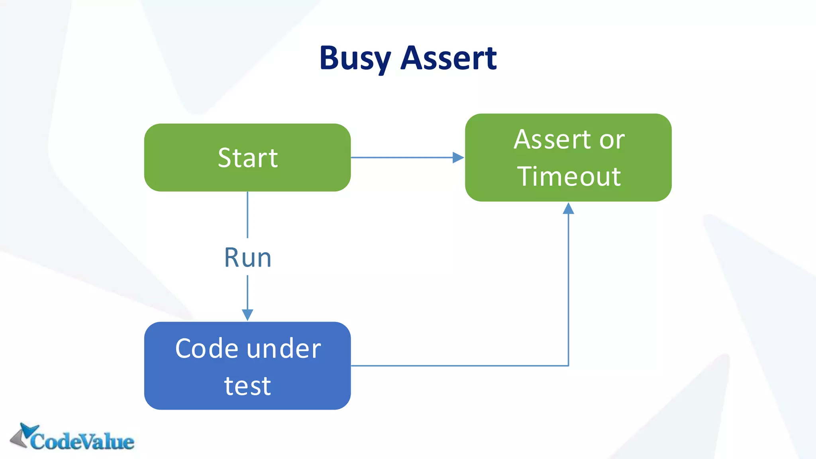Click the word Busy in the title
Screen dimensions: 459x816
(x=355, y=59)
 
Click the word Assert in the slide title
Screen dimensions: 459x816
(x=449, y=59)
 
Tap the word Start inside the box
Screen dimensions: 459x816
(x=247, y=158)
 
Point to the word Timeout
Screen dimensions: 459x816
(x=569, y=177)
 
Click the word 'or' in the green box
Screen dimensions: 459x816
(x=612, y=140)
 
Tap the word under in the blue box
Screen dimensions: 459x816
(x=284, y=349)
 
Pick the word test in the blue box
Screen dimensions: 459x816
(x=247, y=386)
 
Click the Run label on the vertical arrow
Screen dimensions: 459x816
(x=247, y=257)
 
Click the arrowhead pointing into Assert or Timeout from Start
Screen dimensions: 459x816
(x=458, y=157)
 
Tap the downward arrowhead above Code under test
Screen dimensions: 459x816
(x=247, y=315)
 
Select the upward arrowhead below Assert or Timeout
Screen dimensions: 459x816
(x=568, y=208)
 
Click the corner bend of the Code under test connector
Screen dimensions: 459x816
(x=568, y=365)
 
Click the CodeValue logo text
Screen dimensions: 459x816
(x=82, y=441)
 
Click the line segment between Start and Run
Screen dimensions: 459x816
(x=247, y=215)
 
